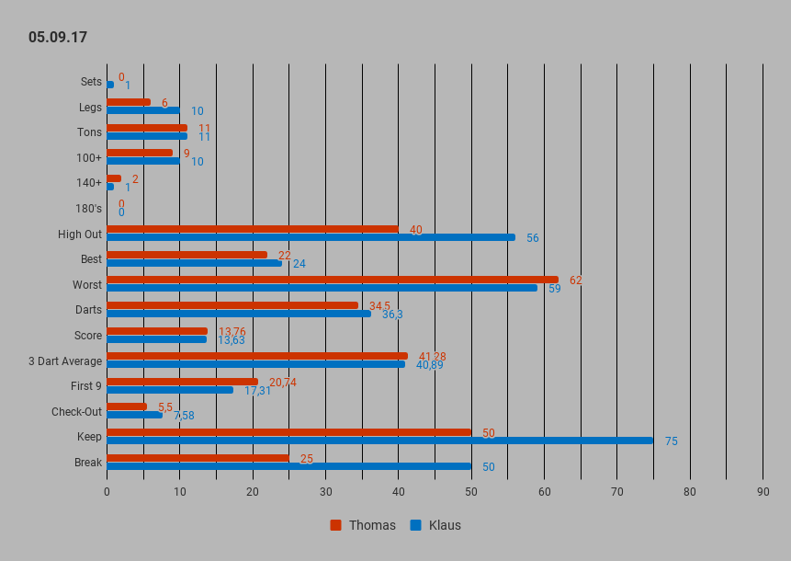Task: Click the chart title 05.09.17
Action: (58, 38)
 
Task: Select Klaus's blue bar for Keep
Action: (380, 441)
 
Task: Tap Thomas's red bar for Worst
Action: (333, 280)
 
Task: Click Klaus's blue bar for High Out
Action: (311, 236)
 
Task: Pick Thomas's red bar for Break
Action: (198, 457)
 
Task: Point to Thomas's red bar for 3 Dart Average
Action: (257, 356)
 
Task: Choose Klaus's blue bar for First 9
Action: (170, 390)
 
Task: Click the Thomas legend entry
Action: (363, 525)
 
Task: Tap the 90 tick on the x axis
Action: (763, 492)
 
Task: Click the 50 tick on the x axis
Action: (471, 492)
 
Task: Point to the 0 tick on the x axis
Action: (107, 492)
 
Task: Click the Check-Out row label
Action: (76, 411)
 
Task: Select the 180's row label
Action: (88, 208)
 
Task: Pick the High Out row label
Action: (80, 234)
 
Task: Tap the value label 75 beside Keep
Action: (672, 441)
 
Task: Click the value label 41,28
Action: (432, 357)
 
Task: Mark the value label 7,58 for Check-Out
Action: (184, 416)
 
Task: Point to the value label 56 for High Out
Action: (533, 238)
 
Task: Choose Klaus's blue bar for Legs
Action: (143, 110)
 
